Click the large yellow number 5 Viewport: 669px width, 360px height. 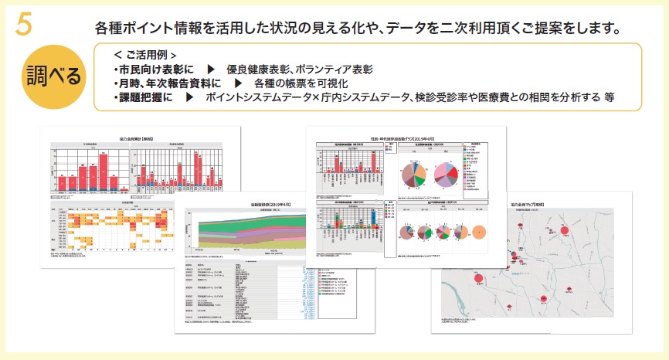coord(23,23)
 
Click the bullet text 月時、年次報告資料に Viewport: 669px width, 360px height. coord(166,84)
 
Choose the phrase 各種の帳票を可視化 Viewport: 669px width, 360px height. coord(308,84)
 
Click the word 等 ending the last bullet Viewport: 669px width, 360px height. coord(610,99)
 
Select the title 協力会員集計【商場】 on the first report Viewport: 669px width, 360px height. coord(141,137)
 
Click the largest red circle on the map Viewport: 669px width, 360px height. coord(565,233)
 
